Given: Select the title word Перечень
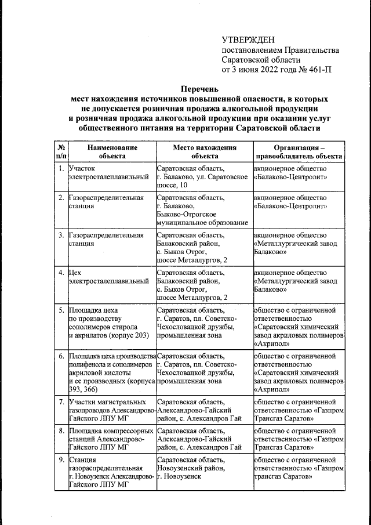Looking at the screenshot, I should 199,89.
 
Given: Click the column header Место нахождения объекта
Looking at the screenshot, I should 204,152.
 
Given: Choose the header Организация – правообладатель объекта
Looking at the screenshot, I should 299,152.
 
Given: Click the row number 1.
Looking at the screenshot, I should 61,169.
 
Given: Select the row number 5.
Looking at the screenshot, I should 61,310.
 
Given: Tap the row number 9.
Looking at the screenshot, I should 61,460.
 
